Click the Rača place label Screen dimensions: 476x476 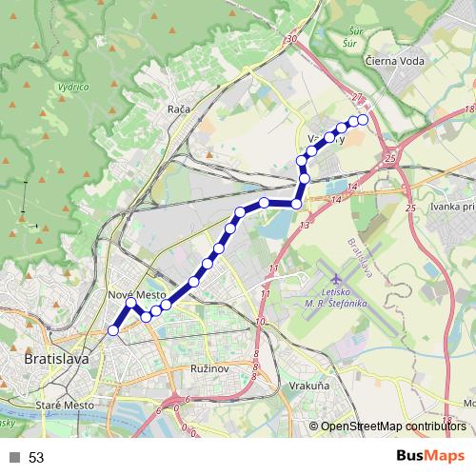coord(178,109)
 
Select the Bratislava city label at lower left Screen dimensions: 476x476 coord(54,360)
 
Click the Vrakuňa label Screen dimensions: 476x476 coord(307,387)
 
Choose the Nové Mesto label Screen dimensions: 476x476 coord(137,295)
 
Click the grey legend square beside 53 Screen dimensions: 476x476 coord(14,457)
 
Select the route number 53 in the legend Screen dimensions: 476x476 coord(36,457)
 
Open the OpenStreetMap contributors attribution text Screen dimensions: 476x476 coord(392,426)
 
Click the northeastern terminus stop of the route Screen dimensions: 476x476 coord(363,120)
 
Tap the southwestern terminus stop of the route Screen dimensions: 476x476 coord(113,330)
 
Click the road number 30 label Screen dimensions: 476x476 coord(291,39)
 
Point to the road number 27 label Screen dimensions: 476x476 coord(357,97)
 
